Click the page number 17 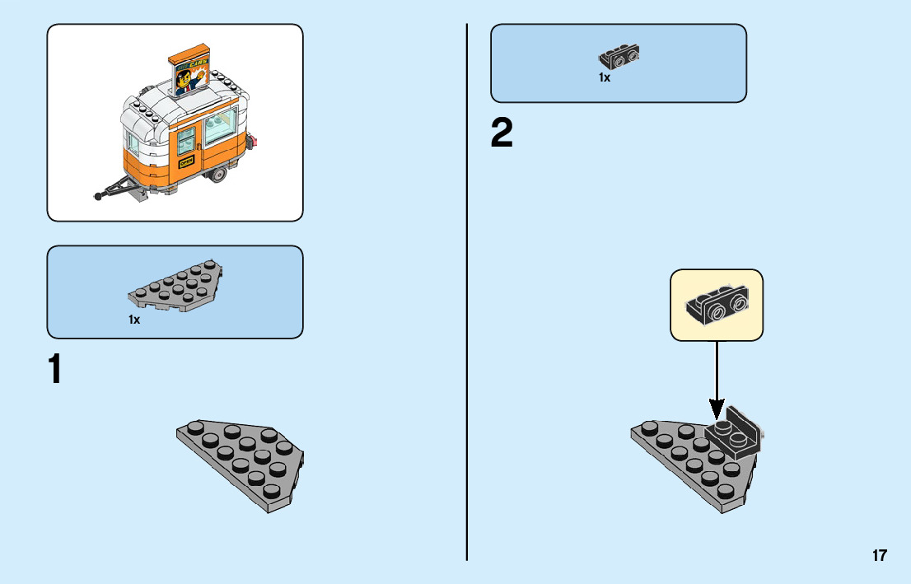tap(880, 555)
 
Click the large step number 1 tap(54, 371)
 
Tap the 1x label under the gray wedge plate tap(134, 320)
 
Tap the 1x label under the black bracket tap(605, 77)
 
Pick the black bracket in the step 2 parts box tap(619, 57)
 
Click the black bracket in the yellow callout tap(717, 306)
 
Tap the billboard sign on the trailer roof tap(190, 75)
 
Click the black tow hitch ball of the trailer tap(99, 196)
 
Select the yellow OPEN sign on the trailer tap(186, 162)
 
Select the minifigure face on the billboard tap(186, 80)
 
